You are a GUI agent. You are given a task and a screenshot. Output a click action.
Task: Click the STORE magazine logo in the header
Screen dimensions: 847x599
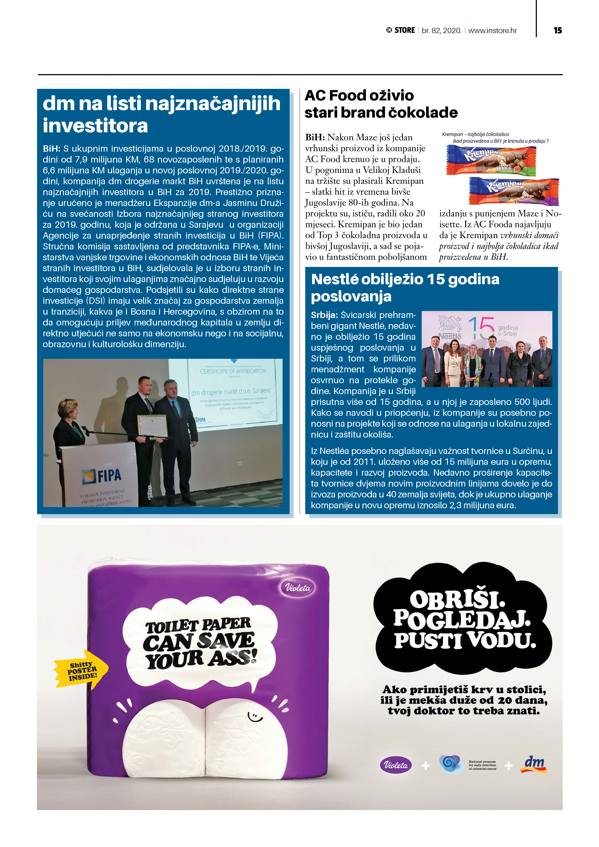[401, 30]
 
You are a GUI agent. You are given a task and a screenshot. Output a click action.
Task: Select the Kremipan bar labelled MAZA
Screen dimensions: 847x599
[491, 160]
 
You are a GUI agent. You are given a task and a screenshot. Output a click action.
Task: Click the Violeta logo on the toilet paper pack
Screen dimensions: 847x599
[298, 588]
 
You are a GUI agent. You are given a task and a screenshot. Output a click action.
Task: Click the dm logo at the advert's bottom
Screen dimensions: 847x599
[534, 764]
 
